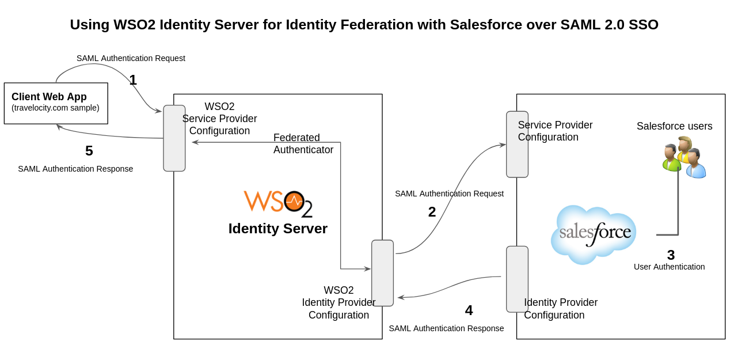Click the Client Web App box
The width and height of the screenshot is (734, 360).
[x=56, y=103]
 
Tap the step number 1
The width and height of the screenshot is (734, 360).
[x=133, y=80]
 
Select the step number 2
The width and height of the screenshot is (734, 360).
[x=432, y=212]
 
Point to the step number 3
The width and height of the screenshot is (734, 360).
[x=671, y=255]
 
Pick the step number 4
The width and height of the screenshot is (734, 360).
[x=469, y=310]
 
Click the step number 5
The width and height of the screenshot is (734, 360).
[x=89, y=151]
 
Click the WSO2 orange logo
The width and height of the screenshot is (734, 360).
[x=278, y=203]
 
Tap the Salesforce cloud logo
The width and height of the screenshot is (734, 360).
[x=594, y=233]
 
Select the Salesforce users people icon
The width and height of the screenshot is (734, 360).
[x=684, y=157]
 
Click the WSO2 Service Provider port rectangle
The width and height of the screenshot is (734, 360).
[x=174, y=138]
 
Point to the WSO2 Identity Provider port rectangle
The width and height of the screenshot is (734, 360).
[x=382, y=273]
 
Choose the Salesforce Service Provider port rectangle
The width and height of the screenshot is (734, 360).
[x=517, y=145]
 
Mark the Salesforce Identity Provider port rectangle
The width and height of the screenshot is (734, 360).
[x=517, y=279]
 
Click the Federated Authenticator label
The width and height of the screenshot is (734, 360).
[x=303, y=144]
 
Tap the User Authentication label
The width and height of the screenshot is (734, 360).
[x=669, y=267]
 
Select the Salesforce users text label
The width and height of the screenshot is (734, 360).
[x=674, y=126]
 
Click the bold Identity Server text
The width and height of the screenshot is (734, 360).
[x=277, y=229]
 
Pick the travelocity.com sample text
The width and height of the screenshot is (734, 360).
[x=55, y=108]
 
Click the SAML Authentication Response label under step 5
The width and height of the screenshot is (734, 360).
[x=75, y=169]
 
